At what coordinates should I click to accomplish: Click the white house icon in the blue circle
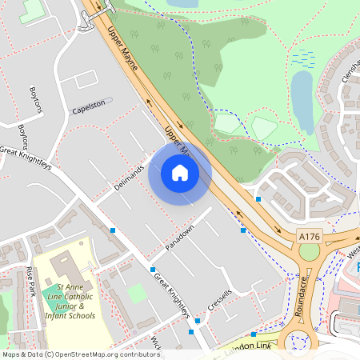coord(180,172)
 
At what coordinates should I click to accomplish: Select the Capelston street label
coord(90,106)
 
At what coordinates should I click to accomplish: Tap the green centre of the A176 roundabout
coord(309,252)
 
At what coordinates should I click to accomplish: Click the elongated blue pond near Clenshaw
coord(302,94)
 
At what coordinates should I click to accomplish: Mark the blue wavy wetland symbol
coord(303,57)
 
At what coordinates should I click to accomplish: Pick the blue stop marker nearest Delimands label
coord(113,230)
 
